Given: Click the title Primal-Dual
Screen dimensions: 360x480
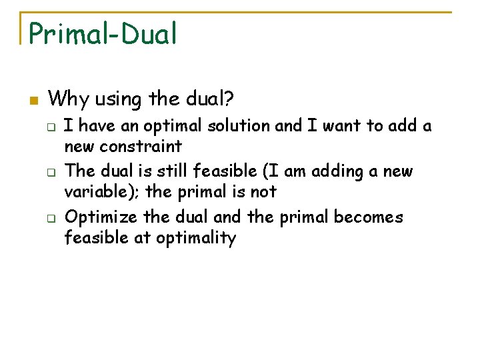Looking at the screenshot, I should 103,33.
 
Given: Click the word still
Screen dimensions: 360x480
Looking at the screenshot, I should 171,171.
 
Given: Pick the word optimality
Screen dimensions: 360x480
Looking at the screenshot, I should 196,238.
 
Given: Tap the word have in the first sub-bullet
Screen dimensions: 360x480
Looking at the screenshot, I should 97,126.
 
